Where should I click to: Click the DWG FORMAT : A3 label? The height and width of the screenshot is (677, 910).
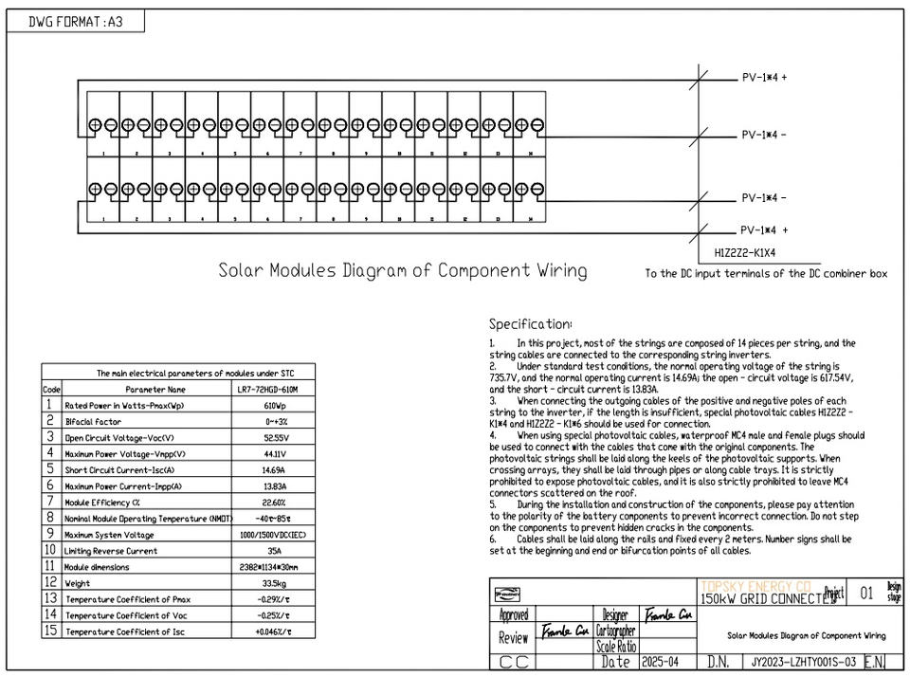76,22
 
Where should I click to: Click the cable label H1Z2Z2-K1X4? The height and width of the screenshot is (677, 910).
752,253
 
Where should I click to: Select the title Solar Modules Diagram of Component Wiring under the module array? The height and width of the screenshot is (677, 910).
402,271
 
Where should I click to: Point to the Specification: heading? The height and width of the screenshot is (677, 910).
530,324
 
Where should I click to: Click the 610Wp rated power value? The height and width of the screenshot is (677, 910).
276,406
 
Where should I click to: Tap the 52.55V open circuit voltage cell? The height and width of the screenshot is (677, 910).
276,438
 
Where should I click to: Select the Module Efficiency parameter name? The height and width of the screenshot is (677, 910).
102,503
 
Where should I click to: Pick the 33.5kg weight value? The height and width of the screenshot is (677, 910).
276,583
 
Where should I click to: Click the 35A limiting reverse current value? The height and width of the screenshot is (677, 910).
276,551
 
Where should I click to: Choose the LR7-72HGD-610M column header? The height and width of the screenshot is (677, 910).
276,390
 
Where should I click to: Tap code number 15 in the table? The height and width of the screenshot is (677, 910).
51,631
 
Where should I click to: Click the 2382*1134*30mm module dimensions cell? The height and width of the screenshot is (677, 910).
276,567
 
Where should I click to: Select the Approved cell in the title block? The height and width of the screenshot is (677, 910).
514,615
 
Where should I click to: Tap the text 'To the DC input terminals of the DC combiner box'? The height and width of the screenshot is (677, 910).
766,274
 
